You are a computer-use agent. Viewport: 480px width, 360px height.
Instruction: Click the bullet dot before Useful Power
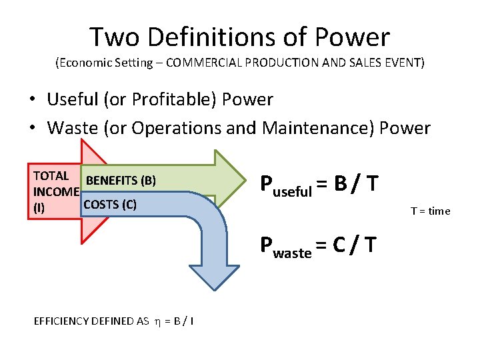click(x=32, y=101)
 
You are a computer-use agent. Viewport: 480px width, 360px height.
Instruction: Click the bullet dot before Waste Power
click(x=32, y=128)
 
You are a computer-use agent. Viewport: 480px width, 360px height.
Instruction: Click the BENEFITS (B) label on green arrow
click(x=121, y=181)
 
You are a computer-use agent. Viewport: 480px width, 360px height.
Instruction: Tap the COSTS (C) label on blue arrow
click(x=109, y=205)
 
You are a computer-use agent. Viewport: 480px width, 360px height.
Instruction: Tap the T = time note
click(x=430, y=211)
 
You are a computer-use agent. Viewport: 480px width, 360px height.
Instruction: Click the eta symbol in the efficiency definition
click(x=157, y=321)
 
